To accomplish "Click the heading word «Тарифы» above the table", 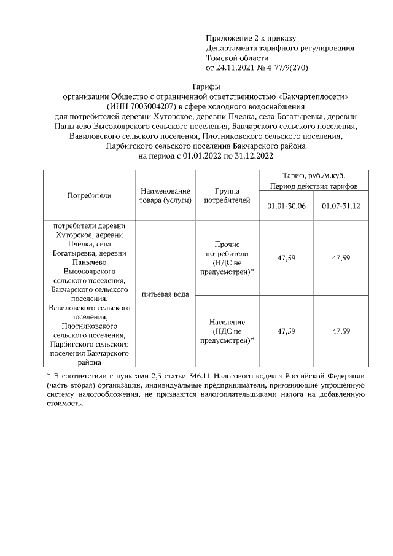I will pos(206,87).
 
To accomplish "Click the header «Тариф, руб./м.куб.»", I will pos(314,175).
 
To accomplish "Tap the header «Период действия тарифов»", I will pos(314,186).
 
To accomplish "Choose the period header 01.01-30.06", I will pos(287,206).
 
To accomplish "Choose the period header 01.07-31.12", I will pos(341,206).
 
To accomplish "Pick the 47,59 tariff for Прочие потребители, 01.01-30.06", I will pos(287,258).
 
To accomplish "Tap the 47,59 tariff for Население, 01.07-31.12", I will pos(341,331).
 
